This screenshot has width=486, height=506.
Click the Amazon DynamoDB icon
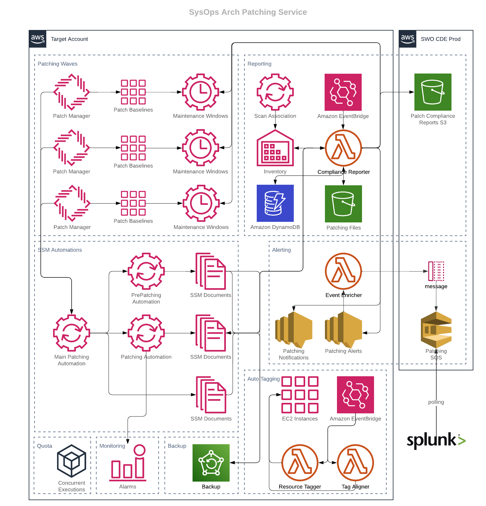(x=275, y=203)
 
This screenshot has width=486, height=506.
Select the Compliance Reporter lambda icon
(x=343, y=148)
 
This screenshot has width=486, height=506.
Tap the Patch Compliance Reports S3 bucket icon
(x=433, y=92)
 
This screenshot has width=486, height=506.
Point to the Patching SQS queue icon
(x=436, y=330)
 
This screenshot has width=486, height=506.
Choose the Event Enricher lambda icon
(x=343, y=271)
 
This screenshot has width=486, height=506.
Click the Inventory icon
(x=275, y=148)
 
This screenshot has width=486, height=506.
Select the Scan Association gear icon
(x=275, y=92)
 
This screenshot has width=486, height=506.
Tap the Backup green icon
(x=211, y=463)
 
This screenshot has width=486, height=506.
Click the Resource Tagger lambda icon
(x=300, y=463)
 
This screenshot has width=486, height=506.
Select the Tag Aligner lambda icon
(x=355, y=463)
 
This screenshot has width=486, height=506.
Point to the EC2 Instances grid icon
(x=300, y=394)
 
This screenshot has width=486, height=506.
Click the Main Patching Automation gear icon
(x=72, y=333)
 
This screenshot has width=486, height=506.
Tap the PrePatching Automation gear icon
(x=146, y=271)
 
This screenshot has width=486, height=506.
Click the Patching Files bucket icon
(x=343, y=204)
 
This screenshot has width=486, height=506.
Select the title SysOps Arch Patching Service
(x=248, y=12)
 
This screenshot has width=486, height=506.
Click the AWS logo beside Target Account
(x=38, y=39)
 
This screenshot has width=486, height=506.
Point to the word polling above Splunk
(x=436, y=402)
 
